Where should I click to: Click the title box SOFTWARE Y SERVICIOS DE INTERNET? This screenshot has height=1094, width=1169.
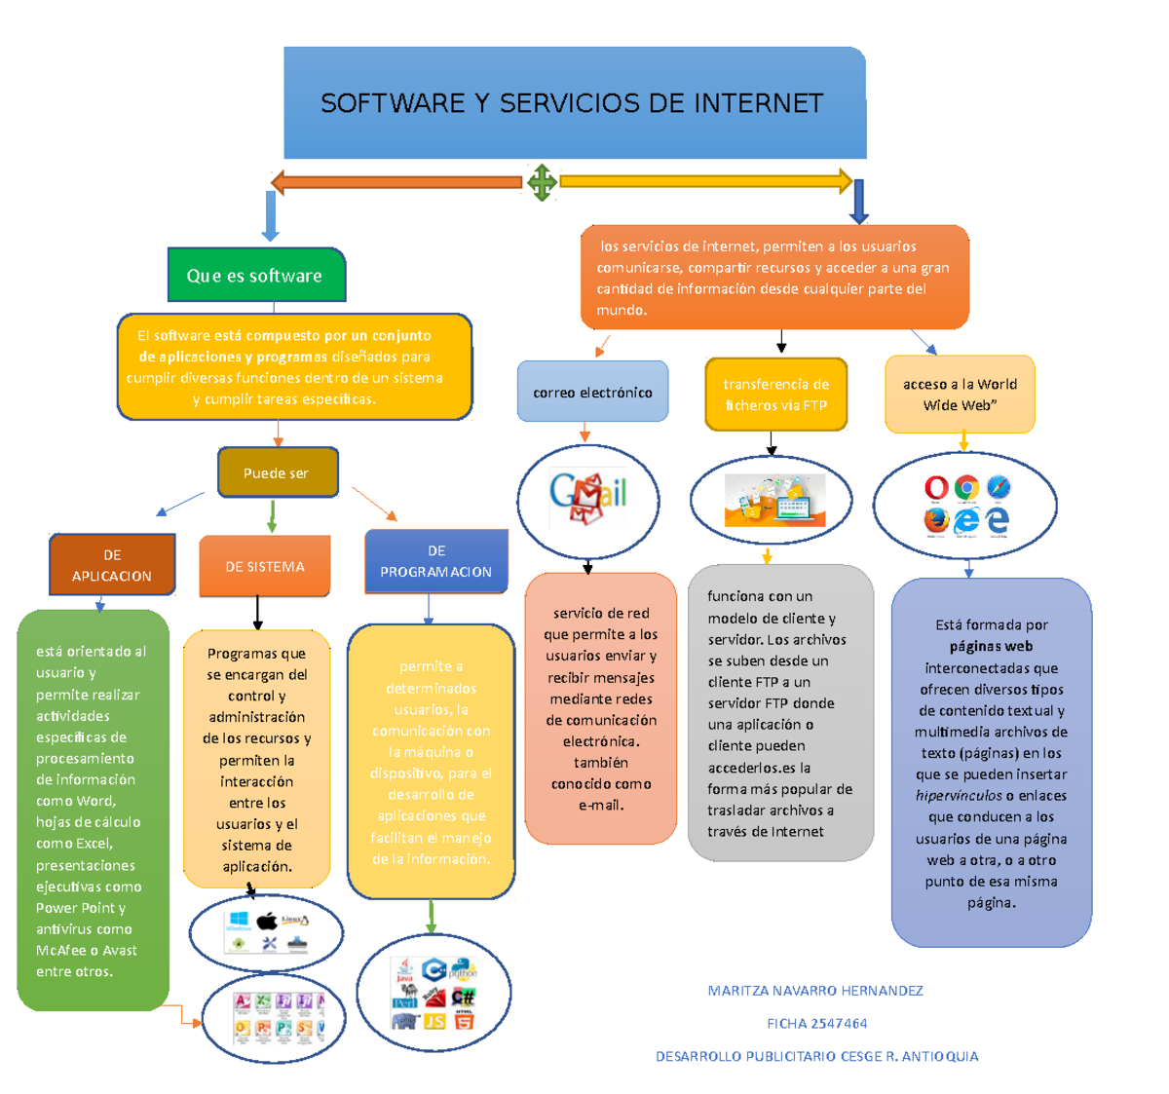(573, 103)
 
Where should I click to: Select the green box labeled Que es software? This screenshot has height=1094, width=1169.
(255, 276)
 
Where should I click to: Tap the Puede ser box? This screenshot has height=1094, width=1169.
(277, 472)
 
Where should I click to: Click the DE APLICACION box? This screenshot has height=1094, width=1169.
(112, 565)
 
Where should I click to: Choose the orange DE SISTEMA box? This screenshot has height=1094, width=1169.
(265, 566)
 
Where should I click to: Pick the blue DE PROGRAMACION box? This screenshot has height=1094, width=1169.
(436, 562)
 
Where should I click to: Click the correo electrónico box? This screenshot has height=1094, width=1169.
(592, 392)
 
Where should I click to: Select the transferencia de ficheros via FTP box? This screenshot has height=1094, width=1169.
(775, 395)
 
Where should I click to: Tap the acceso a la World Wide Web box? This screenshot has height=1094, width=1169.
(960, 395)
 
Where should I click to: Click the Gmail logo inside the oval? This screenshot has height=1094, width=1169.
(587, 498)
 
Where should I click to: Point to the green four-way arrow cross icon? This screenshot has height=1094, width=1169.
(542, 182)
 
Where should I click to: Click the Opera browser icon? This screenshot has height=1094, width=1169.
(936, 487)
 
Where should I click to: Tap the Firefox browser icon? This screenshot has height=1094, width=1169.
(936, 519)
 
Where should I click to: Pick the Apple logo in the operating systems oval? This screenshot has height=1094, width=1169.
(267, 921)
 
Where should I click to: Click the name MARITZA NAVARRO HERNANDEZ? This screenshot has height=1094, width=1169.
(815, 991)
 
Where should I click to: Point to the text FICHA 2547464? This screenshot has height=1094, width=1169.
(816, 1023)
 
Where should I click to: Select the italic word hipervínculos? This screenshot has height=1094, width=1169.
(959, 796)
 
